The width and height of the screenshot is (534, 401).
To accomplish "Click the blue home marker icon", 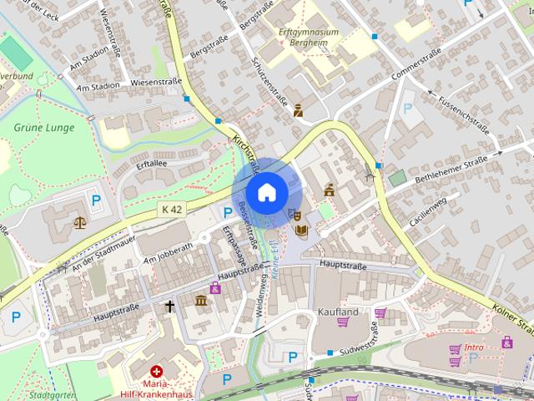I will [x=266, y=192].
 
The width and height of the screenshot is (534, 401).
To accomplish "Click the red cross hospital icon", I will [x=156, y=371].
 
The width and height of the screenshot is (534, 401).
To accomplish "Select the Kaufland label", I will [x=338, y=312].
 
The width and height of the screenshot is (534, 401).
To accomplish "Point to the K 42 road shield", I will [x=173, y=209].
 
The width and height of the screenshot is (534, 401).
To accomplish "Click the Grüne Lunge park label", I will [x=44, y=128].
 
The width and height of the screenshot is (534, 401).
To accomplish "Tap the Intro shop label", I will [x=474, y=348].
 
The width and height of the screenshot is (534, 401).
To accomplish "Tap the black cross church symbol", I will [x=170, y=307].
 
